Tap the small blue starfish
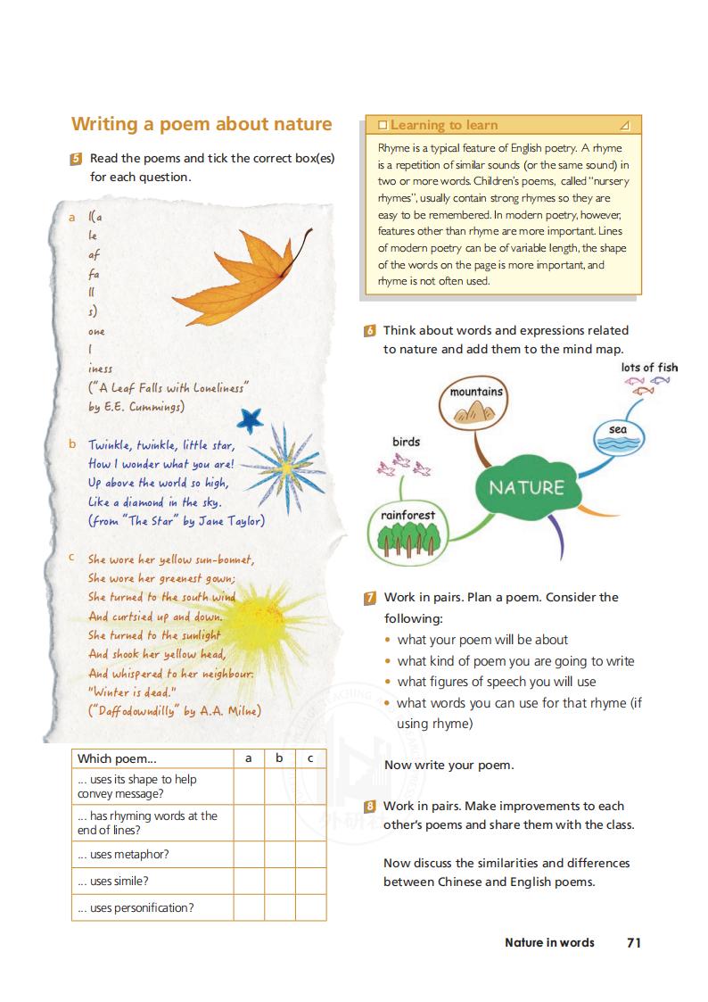pos(251,418)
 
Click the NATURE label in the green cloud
pos(526,487)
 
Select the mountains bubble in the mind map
pos(476,402)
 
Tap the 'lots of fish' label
pos(649,367)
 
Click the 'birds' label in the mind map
pos(406,442)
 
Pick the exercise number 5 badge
pos(76,159)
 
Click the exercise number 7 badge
pos(370,598)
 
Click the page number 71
pos(634,942)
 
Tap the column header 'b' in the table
pos(279,758)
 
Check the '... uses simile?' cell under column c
pos(310,881)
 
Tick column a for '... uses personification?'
pos(249,907)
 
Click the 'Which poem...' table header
pos(117,758)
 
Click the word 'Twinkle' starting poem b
pos(109,444)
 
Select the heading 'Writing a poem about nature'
pos(202,124)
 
